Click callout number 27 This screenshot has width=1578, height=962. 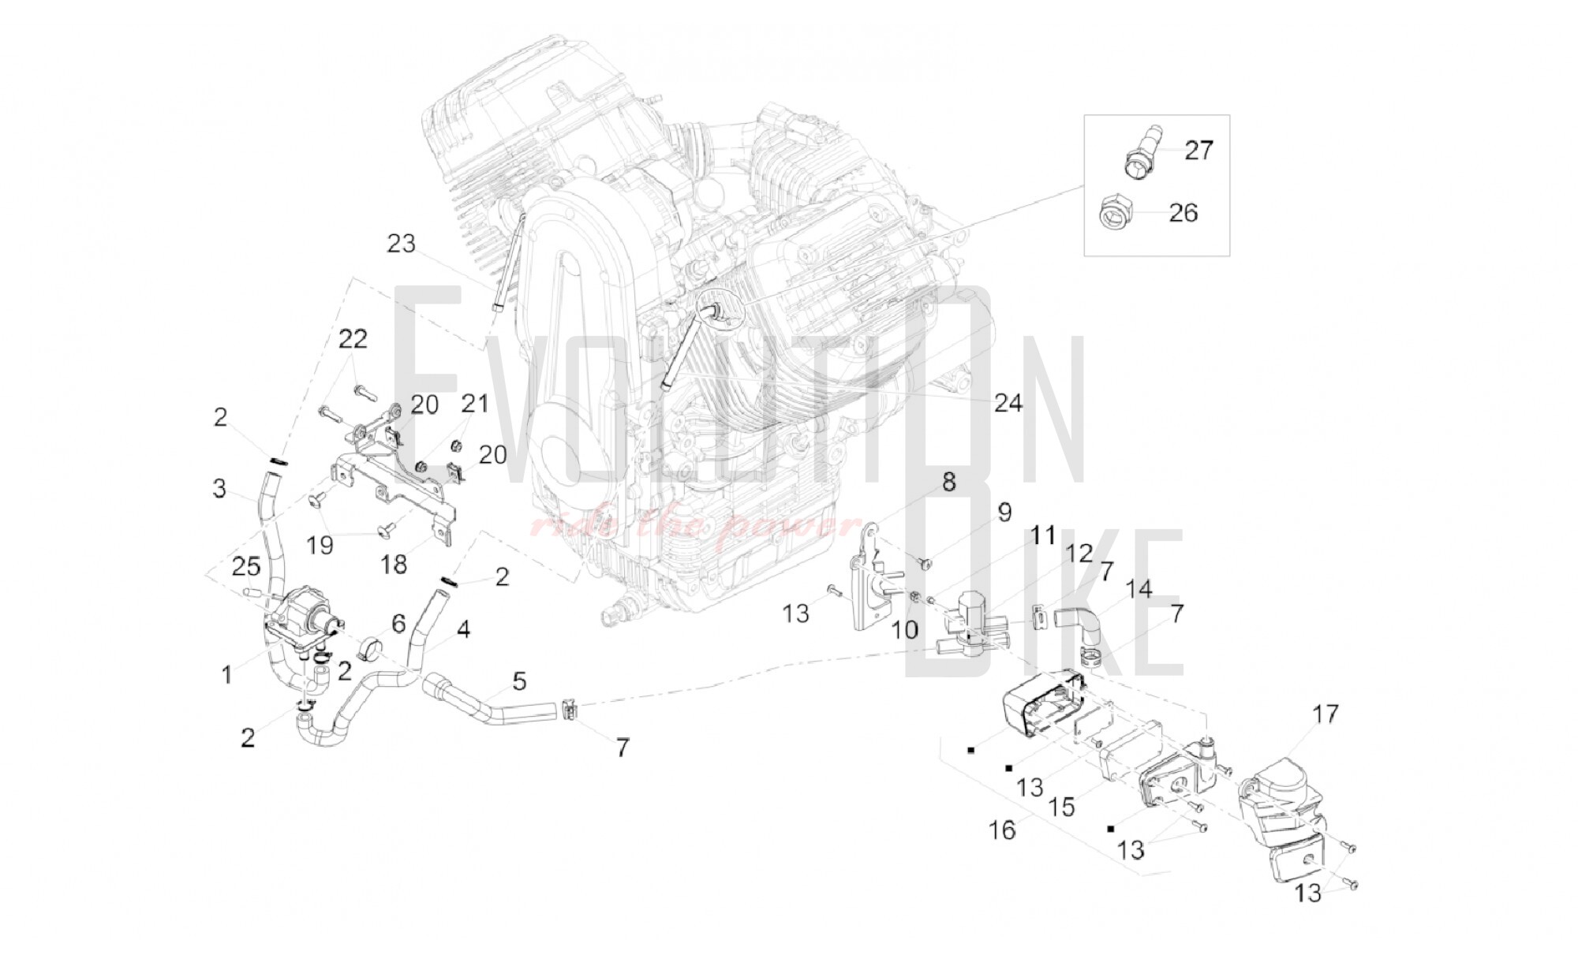(x=1198, y=150)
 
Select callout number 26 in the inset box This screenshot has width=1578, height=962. (x=1182, y=212)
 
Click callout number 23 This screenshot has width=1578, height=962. (x=401, y=244)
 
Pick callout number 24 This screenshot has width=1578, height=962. (x=1008, y=404)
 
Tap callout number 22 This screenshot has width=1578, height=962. (x=353, y=339)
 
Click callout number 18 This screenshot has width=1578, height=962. (x=394, y=564)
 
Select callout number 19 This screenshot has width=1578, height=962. (x=320, y=544)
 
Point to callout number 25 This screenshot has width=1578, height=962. (x=245, y=566)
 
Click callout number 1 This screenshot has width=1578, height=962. (x=226, y=675)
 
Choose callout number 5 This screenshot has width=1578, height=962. (x=518, y=680)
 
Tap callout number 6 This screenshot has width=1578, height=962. (x=398, y=624)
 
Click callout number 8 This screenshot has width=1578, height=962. (x=948, y=482)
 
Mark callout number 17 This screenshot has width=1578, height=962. (x=1326, y=714)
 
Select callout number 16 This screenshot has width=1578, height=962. (x=1002, y=830)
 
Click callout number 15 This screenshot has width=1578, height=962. (x=1063, y=807)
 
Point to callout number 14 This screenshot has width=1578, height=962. (x=1139, y=588)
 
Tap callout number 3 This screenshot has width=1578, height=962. (x=219, y=489)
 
